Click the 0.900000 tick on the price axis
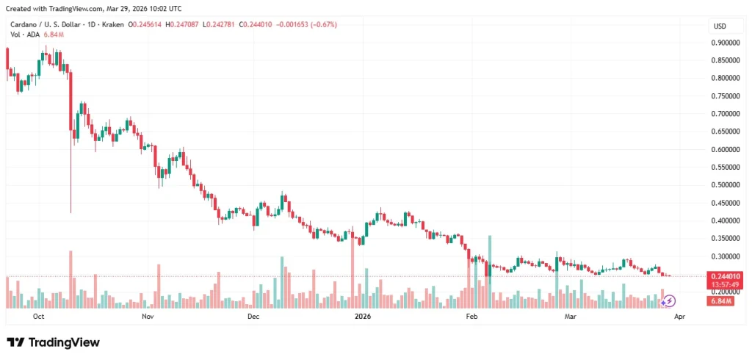(x=726, y=43)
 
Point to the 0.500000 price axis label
(x=726, y=185)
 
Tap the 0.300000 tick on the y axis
(x=726, y=256)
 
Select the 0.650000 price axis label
(x=726, y=132)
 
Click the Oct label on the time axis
(x=40, y=317)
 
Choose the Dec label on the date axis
(x=253, y=317)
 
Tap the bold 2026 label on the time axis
(x=361, y=317)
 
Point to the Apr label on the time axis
(x=680, y=317)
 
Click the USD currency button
(x=720, y=26)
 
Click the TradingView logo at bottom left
(x=53, y=342)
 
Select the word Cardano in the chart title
(x=24, y=24)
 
